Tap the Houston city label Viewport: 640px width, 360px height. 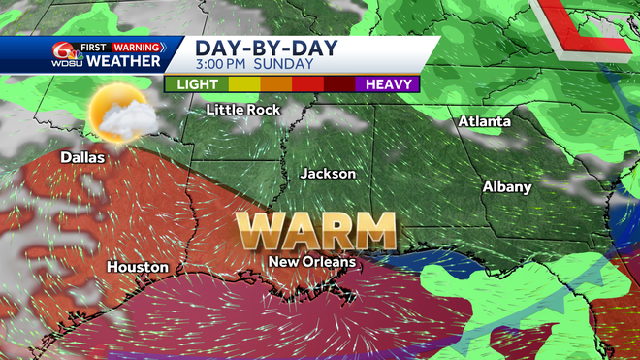[138, 267]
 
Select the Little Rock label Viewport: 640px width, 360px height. [243, 110]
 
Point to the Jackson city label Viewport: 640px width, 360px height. [328, 174]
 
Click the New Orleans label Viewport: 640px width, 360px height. [312, 262]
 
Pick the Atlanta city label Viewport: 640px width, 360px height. [484, 122]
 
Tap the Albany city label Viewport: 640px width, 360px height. [507, 186]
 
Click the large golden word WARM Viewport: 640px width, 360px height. [317, 232]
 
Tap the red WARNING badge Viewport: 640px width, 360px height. [136, 46]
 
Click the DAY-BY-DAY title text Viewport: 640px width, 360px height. [253, 48]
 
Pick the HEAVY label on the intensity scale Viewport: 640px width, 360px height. [391, 84]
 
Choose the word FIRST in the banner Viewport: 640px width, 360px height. [93, 46]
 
